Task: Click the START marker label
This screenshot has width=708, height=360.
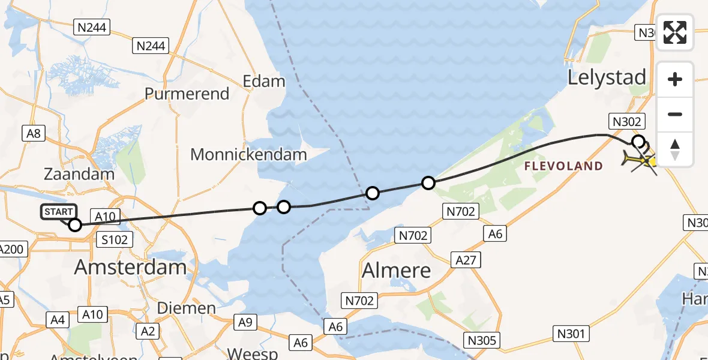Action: click(59, 212)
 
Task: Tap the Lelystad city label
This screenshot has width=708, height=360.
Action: click(607, 77)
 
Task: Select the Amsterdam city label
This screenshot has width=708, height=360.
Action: click(130, 266)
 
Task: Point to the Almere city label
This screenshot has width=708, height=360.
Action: click(397, 270)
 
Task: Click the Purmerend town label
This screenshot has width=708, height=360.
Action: click(187, 94)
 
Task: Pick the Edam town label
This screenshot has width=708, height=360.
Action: click(263, 81)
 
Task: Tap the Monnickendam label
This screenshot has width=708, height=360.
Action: click(248, 154)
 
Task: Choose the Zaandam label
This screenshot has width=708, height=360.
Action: click(79, 175)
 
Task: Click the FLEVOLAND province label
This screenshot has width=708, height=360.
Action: click(563, 166)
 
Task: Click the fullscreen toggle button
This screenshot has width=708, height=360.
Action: click(675, 32)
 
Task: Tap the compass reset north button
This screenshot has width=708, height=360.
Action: click(675, 149)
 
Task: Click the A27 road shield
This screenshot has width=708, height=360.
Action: click(466, 260)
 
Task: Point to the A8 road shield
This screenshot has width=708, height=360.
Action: click(34, 133)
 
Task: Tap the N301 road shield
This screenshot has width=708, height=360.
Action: click(572, 334)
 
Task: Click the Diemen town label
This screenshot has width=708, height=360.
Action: click(186, 308)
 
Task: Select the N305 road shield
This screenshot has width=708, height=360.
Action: click(482, 340)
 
